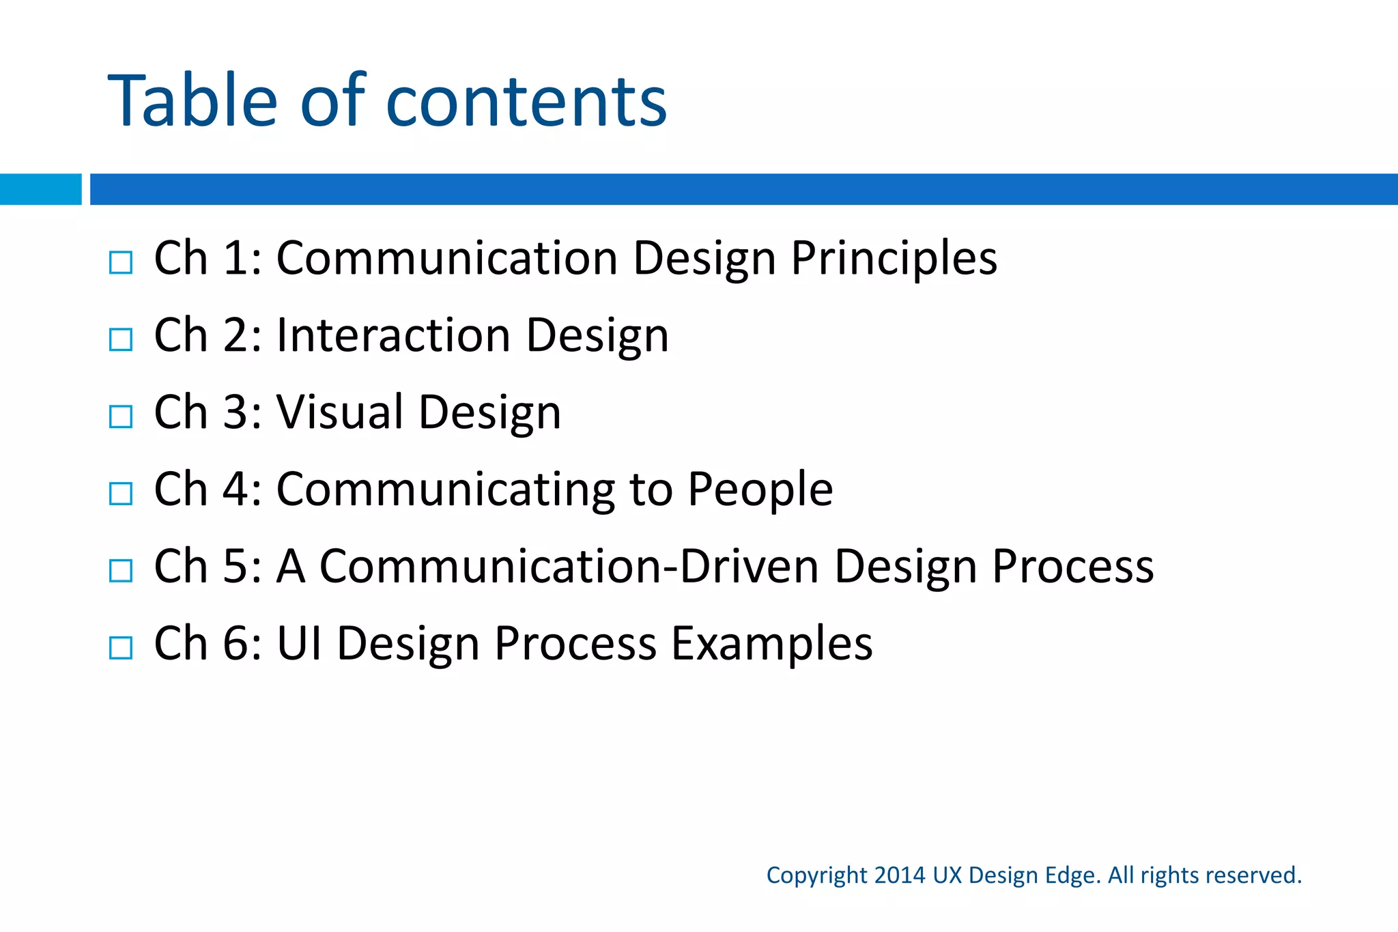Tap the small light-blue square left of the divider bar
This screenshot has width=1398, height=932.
pos(40,189)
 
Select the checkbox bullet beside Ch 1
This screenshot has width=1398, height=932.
pos(121,262)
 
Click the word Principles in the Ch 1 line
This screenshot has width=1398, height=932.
pos(894,259)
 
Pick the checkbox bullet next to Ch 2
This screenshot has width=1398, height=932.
pos(121,339)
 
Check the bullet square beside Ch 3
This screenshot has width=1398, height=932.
pos(121,416)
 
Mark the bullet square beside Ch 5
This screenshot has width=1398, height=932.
pos(121,571)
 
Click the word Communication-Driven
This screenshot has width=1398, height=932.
pos(569,567)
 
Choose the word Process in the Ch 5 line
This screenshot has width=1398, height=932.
pos(1072,567)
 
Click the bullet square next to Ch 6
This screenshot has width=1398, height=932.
pos(121,648)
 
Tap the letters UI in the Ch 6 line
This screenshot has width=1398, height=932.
pos(299,644)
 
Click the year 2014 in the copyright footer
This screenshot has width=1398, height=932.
pos(899,875)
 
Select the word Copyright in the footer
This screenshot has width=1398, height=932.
pos(816,876)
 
